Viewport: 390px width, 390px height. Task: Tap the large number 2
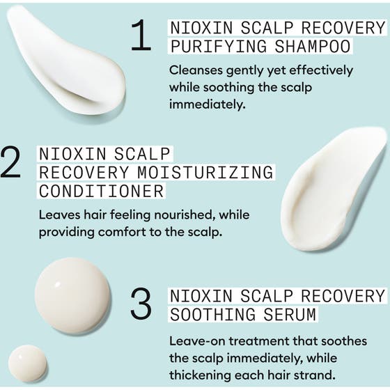pos(13,163)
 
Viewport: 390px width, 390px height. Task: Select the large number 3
pos(141,304)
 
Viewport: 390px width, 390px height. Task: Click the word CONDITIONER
pos(101,190)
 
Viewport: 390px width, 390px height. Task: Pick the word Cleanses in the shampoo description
pos(195,71)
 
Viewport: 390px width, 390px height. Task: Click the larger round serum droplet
pos(72,295)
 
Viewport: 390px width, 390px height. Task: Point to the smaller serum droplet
pos(27,363)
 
